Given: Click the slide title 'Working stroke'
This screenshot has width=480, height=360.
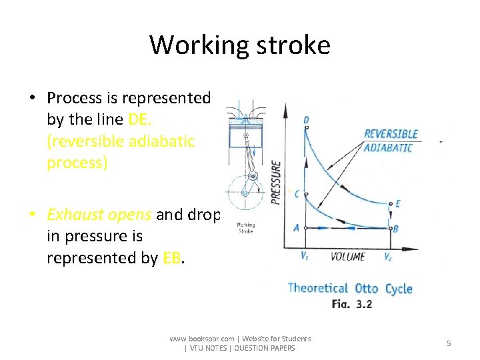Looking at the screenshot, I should pos(239,45).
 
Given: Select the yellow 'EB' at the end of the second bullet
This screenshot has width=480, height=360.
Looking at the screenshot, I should pos(171,258).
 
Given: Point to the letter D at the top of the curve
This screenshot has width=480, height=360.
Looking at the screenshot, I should pos(306,120).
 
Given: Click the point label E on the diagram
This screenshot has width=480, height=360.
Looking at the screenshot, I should pos(398,204).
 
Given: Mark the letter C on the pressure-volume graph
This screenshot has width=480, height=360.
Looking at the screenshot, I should pos(297,195).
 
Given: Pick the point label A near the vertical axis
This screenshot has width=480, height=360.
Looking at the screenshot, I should pos(295,227).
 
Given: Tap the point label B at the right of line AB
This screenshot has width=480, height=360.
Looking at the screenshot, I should pos(396,229).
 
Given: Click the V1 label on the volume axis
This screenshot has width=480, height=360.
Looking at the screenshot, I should pos(305,255).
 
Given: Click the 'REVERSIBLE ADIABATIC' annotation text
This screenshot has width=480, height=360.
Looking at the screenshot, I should pos(391,141).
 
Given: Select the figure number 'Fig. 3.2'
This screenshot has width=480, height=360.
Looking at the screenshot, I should pos(351,304).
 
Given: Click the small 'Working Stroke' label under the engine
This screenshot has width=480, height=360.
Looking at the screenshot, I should pos(245,228).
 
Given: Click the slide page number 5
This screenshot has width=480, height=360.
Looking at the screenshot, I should pos(449,343).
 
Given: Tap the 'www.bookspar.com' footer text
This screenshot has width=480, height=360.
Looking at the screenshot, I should pos(201,339).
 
